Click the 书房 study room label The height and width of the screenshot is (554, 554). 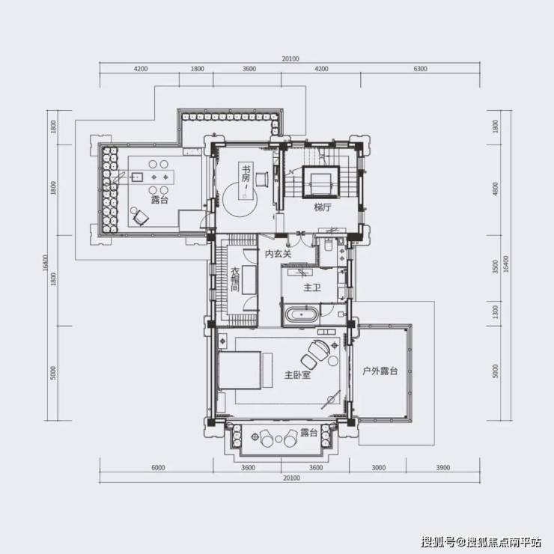pos(246,173)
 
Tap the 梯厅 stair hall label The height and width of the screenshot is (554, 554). pos(323,207)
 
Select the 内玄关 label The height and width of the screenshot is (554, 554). pos(278,253)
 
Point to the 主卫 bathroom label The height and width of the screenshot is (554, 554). pos(312,287)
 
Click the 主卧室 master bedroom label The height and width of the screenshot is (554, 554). pos(297,374)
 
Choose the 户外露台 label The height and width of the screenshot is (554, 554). pos(380,371)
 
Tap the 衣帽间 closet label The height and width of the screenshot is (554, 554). pos(235,279)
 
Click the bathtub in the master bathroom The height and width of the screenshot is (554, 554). pos(301,314)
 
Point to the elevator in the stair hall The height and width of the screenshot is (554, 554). pos(321,182)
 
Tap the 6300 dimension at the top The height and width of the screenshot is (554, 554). pos(420,69)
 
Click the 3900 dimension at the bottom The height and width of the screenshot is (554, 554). pos(442,468)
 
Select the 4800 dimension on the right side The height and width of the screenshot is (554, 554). pos(496,189)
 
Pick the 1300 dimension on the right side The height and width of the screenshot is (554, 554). pos(496,312)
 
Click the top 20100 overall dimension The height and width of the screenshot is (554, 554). pos(290,59)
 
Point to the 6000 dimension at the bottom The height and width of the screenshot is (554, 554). pos(158,468)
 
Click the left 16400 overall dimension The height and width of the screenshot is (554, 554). pos(45,264)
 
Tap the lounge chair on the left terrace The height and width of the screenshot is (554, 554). pos(141,218)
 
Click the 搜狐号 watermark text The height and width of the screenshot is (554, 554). pos(437,541)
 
